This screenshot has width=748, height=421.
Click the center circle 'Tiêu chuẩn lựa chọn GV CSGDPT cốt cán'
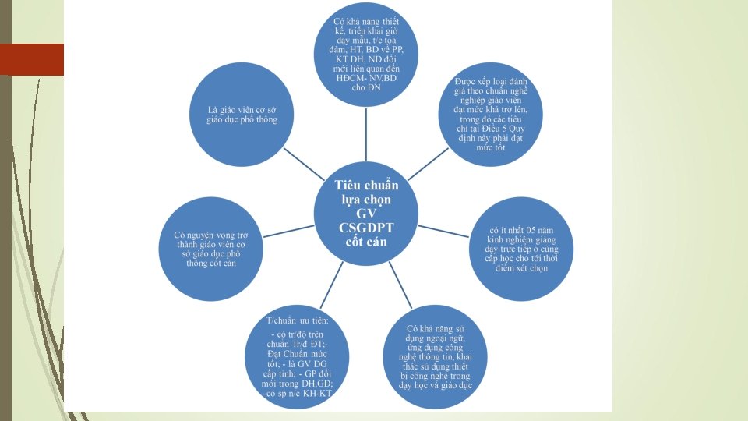pos(366,212)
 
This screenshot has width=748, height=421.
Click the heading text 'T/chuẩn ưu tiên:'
pos(298,321)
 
